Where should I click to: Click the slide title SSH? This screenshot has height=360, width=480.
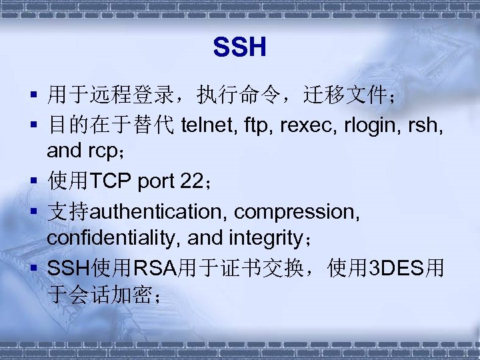click(240, 48)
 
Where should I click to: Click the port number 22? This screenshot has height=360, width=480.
click(190, 181)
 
